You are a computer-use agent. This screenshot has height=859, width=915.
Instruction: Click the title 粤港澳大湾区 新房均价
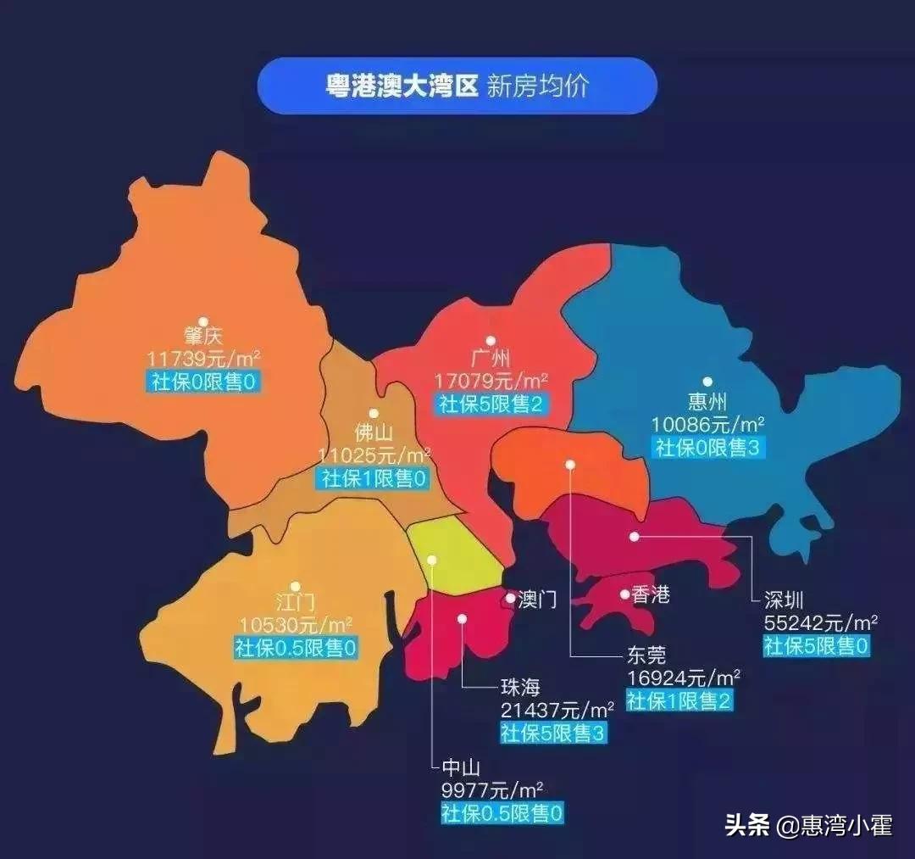pyautogui.click(x=457, y=86)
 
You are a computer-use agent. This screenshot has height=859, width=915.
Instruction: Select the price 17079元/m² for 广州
pyautogui.click(x=491, y=379)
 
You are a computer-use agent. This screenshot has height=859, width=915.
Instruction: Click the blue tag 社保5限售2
pyautogui.click(x=491, y=404)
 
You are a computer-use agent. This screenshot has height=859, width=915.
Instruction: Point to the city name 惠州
pyautogui.click(x=707, y=400)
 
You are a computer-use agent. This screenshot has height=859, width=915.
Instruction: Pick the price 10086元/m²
pyautogui.click(x=708, y=423)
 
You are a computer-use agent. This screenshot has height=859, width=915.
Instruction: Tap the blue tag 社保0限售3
pyautogui.click(x=708, y=448)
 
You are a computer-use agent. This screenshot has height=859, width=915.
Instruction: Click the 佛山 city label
pyautogui.click(x=374, y=432)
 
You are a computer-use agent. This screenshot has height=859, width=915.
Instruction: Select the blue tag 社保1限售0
pyautogui.click(x=374, y=478)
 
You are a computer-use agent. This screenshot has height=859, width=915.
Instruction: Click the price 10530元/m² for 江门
pyautogui.click(x=295, y=625)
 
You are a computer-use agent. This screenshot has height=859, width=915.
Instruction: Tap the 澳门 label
pyautogui.click(x=537, y=600)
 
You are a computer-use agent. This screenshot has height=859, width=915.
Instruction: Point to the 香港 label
pyautogui.click(x=651, y=595)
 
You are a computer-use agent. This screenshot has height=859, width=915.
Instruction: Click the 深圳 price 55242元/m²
pyautogui.click(x=820, y=622)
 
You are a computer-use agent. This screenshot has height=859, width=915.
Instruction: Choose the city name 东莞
pyautogui.click(x=646, y=655)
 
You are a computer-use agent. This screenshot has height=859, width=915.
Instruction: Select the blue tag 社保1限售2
pyautogui.click(x=679, y=700)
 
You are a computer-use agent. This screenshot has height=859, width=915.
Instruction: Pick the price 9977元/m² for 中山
pyautogui.click(x=492, y=791)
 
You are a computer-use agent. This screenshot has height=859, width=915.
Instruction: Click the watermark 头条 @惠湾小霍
pyautogui.click(x=807, y=824)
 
